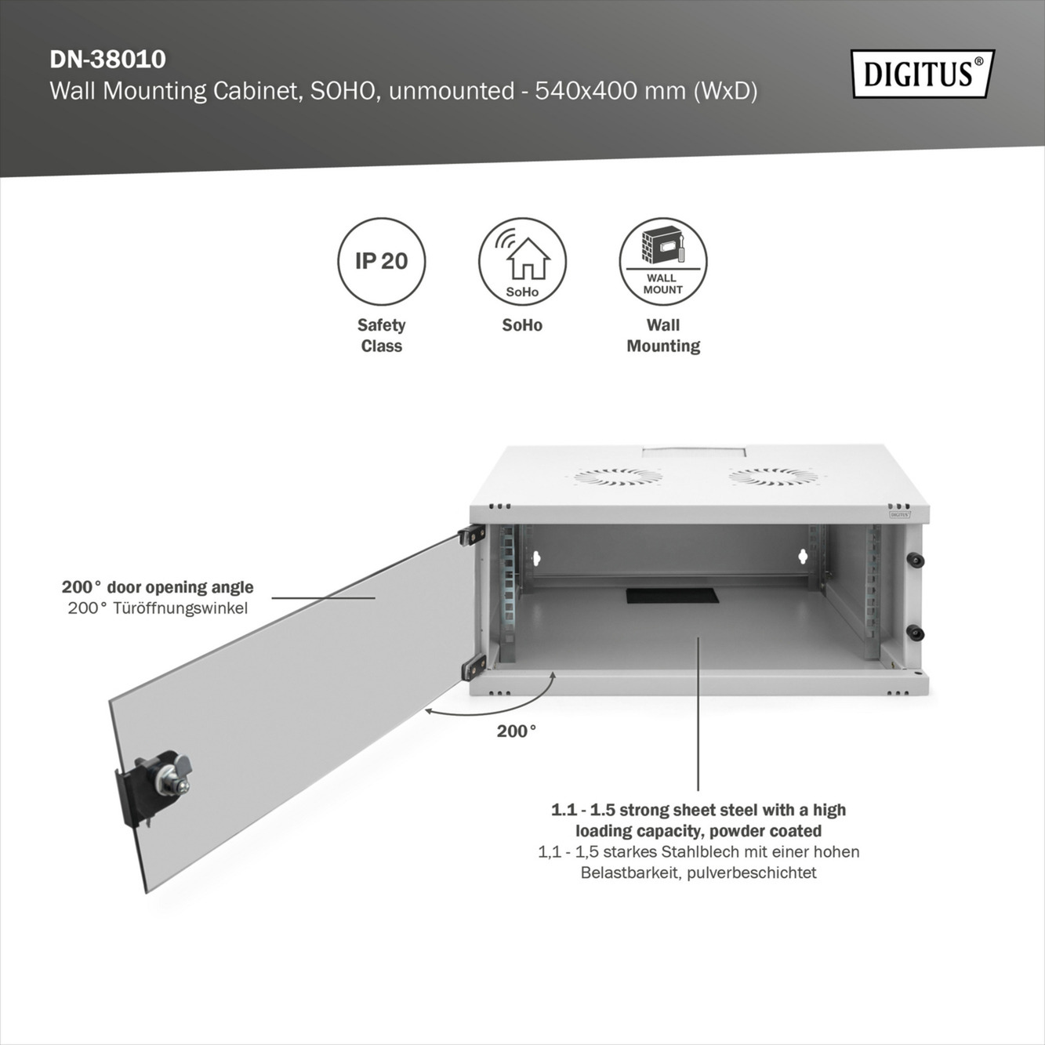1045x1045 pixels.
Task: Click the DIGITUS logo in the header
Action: point(922,74)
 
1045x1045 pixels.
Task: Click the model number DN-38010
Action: point(107,60)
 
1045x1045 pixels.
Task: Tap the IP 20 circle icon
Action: point(382,261)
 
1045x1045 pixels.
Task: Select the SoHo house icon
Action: point(523,261)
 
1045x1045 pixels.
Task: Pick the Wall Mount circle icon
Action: point(663,261)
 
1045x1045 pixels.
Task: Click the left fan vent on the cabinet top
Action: point(617,476)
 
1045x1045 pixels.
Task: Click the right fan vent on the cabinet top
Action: point(772,476)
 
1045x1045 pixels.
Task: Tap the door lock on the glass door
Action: point(163,776)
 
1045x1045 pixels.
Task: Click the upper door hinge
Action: point(471,535)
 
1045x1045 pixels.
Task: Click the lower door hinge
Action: point(473,667)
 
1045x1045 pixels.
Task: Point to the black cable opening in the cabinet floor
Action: point(673,595)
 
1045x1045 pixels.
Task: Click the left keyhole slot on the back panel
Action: point(537,558)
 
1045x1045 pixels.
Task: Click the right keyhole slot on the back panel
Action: point(802,557)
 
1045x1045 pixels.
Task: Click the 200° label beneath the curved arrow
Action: point(517,731)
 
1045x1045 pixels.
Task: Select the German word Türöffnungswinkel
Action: point(180,608)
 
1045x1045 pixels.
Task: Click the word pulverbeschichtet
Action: point(752,873)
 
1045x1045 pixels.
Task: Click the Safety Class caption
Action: point(382,336)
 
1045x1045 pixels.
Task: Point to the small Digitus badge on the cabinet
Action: point(900,515)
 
